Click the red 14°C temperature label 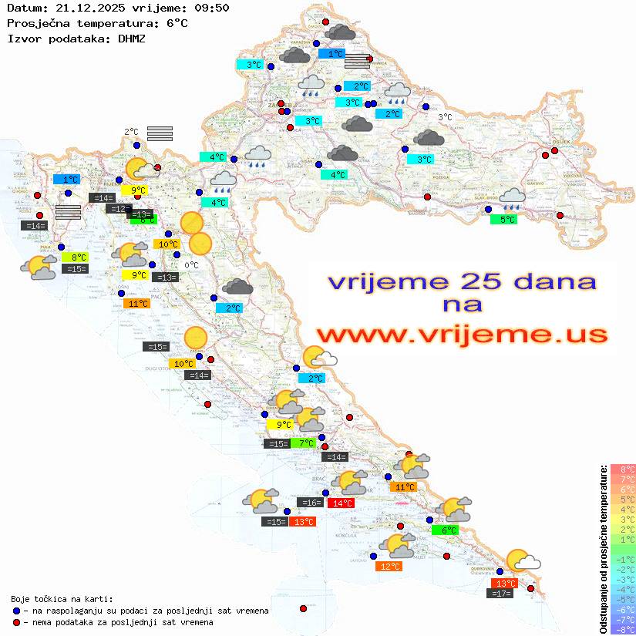[340, 503]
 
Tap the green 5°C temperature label [503, 220]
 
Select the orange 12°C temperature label [390, 567]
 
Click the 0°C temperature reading [191, 265]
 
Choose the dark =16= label [310, 503]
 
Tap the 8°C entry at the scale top [623, 469]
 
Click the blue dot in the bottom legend [16, 611]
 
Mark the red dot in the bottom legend [16, 622]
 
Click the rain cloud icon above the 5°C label [512, 200]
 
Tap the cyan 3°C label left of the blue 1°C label [253, 65]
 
